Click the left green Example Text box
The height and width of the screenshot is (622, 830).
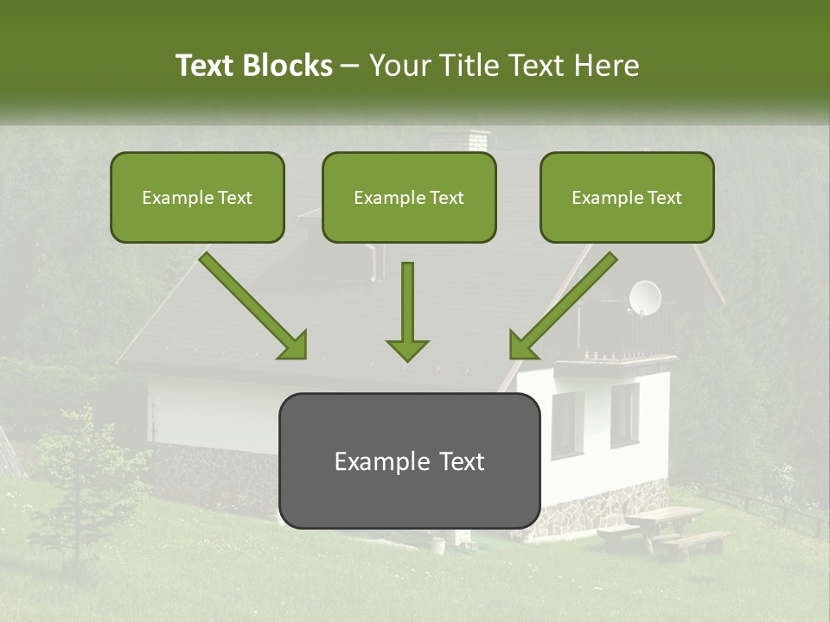coord(197,198)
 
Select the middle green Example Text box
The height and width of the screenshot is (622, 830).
coord(409,198)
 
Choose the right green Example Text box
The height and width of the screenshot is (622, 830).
coord(627,198)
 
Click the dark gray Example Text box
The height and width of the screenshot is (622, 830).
coord(409,461)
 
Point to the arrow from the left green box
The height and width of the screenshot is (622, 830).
coord(252,306)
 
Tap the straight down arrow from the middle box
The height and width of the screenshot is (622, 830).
coord(407,311)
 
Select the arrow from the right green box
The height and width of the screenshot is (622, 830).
coord(563,306)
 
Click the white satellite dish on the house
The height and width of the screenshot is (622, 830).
coord(644,297)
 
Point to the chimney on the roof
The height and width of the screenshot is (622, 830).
coord(477,141)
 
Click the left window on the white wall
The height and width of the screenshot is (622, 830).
coord(567,423)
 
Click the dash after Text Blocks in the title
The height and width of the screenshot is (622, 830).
coord(351,66)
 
